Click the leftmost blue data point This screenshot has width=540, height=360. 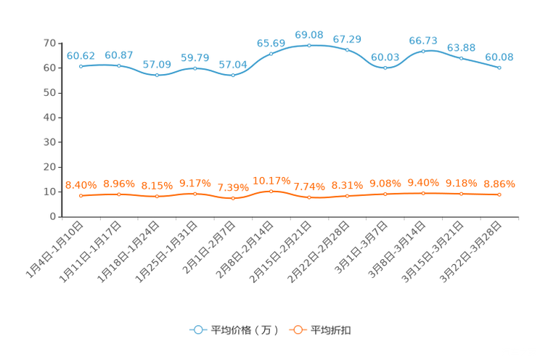(x=81, y=66)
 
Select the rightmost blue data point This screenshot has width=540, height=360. (x=499, y=68)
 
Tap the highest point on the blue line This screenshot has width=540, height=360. (x=309, y=45)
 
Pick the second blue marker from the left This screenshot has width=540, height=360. (x=119, y=65)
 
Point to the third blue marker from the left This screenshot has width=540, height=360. (x=157, y=75)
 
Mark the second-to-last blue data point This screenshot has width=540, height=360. (x=461, y=58)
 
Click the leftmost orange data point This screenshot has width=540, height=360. (x=81, y=196)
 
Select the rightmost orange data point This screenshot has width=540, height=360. (x=499, y=195)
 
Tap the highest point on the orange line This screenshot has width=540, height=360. (x=271, y=192)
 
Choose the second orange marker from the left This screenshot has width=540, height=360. (x=119, y=195)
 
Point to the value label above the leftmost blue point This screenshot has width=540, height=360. (x=81, y=55)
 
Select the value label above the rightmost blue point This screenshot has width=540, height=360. (x=499, y=57)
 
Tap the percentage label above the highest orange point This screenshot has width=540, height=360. (x=271, y=180)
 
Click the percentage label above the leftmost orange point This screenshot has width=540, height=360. (x=81, y=186)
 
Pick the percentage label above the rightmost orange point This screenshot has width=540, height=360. (x=499, y=184)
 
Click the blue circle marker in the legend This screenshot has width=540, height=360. (x=197, y=330)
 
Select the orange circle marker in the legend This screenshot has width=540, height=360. (x=296, y=330)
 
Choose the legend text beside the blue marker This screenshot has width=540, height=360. (x=245, y=330)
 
